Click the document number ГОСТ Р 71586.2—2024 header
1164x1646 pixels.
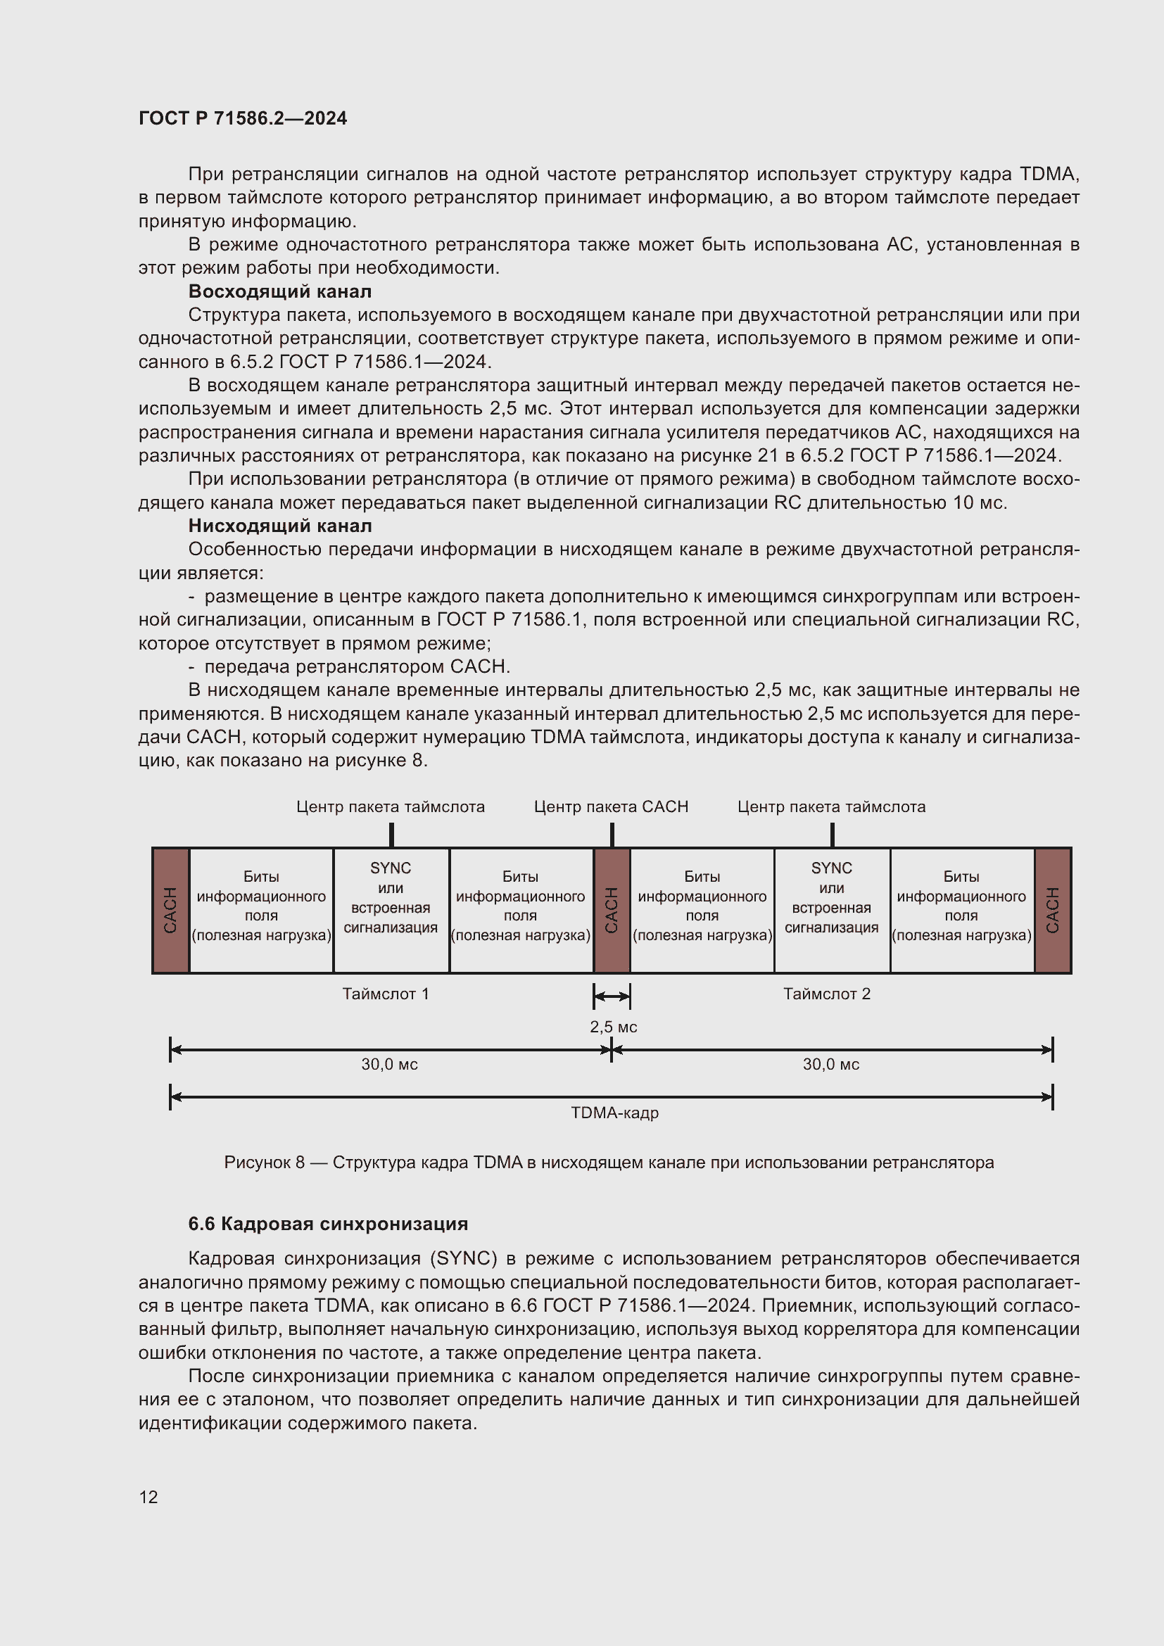click(x=242, y=118)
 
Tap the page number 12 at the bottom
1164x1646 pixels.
click(x=148, y=1497)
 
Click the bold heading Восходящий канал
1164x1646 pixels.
click(x=279, y=291)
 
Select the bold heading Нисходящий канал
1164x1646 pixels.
click(x=279, y=526)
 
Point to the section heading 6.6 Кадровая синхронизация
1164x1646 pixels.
click(x=327, y=1224)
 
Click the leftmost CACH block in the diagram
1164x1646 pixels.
click(x=170, y=910)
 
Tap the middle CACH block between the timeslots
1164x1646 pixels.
click(x=612, y=910)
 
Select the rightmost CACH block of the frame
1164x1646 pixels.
click(x=1052, y=910)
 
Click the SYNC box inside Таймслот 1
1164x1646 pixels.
click(x=391, y=898)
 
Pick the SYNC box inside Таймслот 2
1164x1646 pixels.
click(x=831, y=898)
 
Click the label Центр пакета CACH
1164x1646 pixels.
click(x=611, y=806)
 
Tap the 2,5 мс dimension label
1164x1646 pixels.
click(x=614, y=1027)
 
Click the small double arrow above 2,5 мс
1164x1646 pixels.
click(x=612, y=996)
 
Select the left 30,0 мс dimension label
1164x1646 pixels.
click(x=389, y=1065)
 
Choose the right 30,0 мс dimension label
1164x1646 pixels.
click(x=830, y=1065)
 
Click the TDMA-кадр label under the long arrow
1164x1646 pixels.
click(x=614, y=1113)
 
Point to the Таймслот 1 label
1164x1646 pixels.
click(x=386, y=994)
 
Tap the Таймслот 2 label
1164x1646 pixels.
click(x=826, y=994)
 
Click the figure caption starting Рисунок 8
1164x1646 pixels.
click(x=609, y=1162)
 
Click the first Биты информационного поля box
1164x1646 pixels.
click(x=261, y=906)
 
